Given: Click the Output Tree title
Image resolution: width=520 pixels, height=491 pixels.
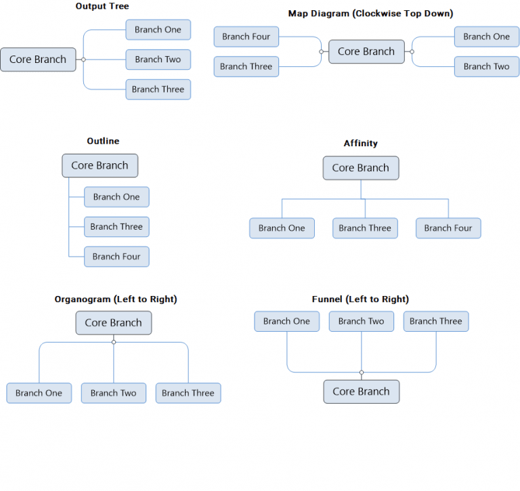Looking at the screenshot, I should (x=102, y=6).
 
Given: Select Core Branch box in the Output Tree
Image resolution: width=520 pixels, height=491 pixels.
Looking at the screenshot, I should (x=38, y=60).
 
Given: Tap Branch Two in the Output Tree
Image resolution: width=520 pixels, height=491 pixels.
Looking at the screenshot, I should (x=158, y=60).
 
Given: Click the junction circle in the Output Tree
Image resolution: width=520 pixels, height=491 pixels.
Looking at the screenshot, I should (x=83, y=60).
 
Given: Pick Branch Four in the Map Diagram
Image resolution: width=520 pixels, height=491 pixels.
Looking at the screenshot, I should (x=246, y=37).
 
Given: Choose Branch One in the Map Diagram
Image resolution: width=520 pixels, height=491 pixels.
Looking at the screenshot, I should (x=486, y=37).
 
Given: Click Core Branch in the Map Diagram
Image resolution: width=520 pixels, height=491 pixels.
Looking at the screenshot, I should (x=366, y=51).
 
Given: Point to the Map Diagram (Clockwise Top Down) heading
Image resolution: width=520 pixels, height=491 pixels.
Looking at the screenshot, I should (x=370, y=14).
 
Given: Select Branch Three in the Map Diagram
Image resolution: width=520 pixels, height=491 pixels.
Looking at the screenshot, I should (x=246, y=66).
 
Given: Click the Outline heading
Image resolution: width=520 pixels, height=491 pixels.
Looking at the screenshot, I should (x=103, y=142).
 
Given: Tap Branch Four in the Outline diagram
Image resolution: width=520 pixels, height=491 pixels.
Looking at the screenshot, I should (x=116, y=257).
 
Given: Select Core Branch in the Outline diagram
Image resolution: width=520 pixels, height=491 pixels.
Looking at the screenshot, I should (x=100, y=165).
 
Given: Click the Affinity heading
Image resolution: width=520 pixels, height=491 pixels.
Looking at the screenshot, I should (x=361, y=144).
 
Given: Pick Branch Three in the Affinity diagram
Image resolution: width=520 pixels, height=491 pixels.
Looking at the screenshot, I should (x=365, y=228).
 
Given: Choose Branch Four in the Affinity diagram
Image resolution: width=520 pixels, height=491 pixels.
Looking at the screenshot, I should (x=448, y=228).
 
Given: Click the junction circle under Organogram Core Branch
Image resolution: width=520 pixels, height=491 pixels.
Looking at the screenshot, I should (x=114, y=342).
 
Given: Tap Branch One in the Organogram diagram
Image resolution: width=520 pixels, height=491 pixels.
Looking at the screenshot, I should (x=39, y=393).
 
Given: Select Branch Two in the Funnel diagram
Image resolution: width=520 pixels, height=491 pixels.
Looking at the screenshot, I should (x=361, y=321).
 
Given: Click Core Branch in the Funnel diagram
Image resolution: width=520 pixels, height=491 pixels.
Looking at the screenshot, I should (x=361, y=391).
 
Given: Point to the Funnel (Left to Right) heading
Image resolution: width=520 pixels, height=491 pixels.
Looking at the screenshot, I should (x=360, y=299).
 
